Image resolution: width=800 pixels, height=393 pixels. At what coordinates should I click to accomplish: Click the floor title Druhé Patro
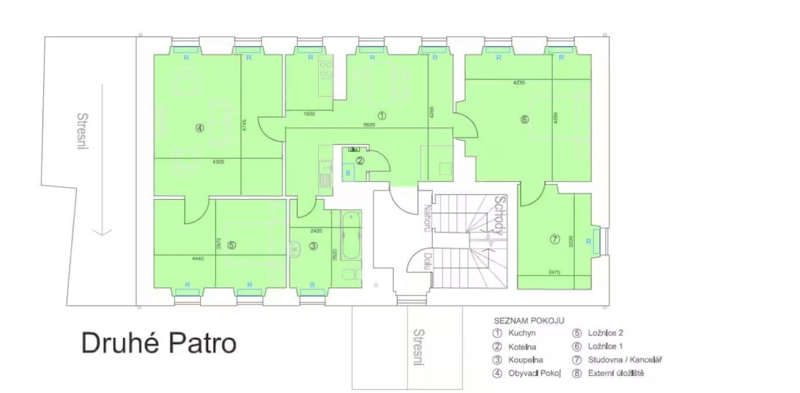point(159,343)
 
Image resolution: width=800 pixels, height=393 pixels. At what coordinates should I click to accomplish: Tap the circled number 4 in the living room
point(200,128)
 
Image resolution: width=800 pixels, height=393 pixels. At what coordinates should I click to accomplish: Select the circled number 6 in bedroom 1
point(524,120)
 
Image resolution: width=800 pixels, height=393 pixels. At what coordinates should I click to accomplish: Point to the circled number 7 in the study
point(555,239)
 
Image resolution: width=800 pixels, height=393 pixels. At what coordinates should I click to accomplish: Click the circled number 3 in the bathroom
point(314,246)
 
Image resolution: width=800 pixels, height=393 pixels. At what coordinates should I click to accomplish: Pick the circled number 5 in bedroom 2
point(232,246)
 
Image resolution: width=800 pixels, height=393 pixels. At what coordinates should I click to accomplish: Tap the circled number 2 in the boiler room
point(360,161)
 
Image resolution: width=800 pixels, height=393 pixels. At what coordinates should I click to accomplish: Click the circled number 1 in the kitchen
point(381,116)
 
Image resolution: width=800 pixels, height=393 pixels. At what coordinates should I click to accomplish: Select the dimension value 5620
point(368,124)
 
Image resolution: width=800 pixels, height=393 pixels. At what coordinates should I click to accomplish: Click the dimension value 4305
point(202,161)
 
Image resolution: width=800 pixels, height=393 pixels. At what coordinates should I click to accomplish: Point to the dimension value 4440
point(197,258)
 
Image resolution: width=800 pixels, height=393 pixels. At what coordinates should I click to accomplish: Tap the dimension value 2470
point(554,272)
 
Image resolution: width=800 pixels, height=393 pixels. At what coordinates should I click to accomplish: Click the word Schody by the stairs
point(498,215)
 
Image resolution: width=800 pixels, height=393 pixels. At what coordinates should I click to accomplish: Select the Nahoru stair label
point(427,218)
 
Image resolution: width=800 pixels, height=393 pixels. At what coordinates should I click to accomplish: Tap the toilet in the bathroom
point(350,274)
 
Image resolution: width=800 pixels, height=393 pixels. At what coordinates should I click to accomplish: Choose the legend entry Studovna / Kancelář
point(617,360)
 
